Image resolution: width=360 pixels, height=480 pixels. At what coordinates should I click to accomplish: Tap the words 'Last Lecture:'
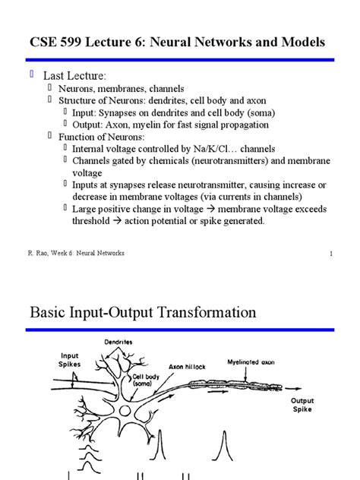pyautogui.click(x=74, y=76)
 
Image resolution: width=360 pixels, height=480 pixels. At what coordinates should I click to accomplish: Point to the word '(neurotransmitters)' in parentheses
pyautogui.click(x=230, y=161)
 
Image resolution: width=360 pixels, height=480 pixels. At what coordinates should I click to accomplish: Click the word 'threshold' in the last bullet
pyautogui.click(x=91, y=221)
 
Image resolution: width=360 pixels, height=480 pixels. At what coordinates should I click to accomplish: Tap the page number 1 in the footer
pyautogui.click(x=331, y=254)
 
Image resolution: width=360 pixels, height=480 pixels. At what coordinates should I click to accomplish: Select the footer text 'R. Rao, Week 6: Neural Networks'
pyautogui.click(x=76, y=253)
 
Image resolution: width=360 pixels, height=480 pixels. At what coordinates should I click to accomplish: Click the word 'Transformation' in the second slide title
pyautogui.click(x=207, y=313)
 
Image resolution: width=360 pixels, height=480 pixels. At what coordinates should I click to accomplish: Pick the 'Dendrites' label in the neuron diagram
pyautogui.click(x=118, y=342)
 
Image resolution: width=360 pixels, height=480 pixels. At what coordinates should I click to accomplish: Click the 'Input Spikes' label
pyautogui.click(x=69, y=360)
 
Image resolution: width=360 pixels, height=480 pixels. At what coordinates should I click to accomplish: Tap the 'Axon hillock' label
pyautogui.click(x=187, y=367)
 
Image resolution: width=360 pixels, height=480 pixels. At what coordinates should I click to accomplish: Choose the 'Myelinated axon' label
pyautogui.click(x=251, y=362)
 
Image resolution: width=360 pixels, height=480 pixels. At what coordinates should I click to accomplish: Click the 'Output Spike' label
pyautogui.click(x=302, y=405)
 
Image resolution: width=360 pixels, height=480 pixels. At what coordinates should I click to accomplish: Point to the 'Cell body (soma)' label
pyautogui.click(x=146, y=380)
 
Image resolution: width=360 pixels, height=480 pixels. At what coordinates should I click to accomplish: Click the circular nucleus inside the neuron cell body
pyautogui.click(x=125, y=411)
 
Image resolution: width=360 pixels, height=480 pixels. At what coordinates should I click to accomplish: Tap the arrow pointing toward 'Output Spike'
pyautogui.click(x=293, y=388)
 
